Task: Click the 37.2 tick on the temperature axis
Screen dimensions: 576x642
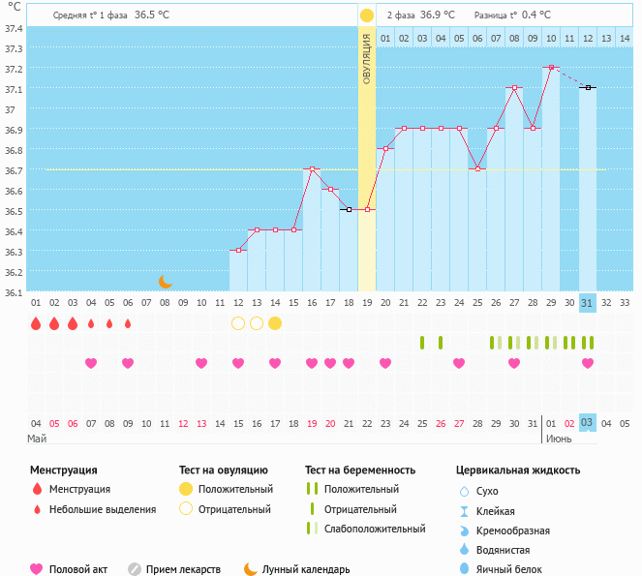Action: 14,69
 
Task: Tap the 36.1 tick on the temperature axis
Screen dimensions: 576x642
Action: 14,292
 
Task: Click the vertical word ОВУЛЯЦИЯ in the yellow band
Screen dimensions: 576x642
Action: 367,58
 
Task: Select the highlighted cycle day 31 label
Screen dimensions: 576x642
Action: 588,303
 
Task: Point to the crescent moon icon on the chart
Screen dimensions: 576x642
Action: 166,282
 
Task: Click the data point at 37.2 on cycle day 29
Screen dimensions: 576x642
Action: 551,68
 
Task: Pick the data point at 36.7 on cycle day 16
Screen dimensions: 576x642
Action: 312,169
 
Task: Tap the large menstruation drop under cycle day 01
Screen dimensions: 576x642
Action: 36,323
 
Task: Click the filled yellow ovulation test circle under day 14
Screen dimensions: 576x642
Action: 275,323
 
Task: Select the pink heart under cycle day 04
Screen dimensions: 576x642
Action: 91,363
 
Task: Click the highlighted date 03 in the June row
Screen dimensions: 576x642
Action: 588,423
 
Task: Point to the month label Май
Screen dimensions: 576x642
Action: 37,439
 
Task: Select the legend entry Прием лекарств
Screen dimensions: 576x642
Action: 183,569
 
